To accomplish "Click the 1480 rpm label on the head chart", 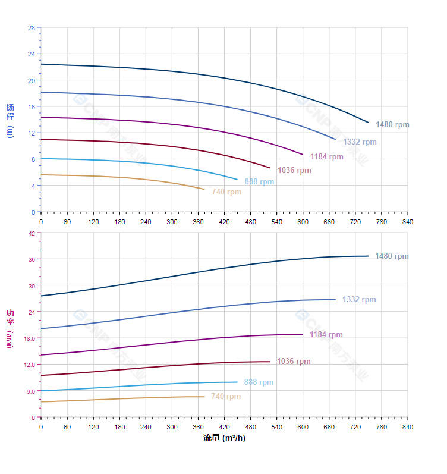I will point(392,125).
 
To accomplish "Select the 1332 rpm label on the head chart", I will point(360,142).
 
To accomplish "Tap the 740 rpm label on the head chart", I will point(226,192).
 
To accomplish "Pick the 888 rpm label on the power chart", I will point(259,382).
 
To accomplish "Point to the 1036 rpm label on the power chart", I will point(294,362).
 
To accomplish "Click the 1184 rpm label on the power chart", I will point(326,335).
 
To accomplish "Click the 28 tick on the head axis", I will point(31,28).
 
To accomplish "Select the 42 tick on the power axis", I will point(31,233).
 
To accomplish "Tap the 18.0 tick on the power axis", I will point(29,338).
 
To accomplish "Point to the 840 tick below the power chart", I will point(408,427).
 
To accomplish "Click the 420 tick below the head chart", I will point(224,222).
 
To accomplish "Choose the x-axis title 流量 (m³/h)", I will point(224,438).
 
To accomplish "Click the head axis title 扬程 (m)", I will point(10,120).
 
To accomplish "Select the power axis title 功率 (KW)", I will point(10,328).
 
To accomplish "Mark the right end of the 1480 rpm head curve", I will point(369,123).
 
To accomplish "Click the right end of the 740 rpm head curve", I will point(204,190).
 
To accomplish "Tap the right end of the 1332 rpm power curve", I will point(336,300).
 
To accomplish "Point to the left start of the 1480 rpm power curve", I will point(41,296).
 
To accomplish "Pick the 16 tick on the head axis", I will point(31,106).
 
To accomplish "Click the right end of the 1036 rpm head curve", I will point(270,168).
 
